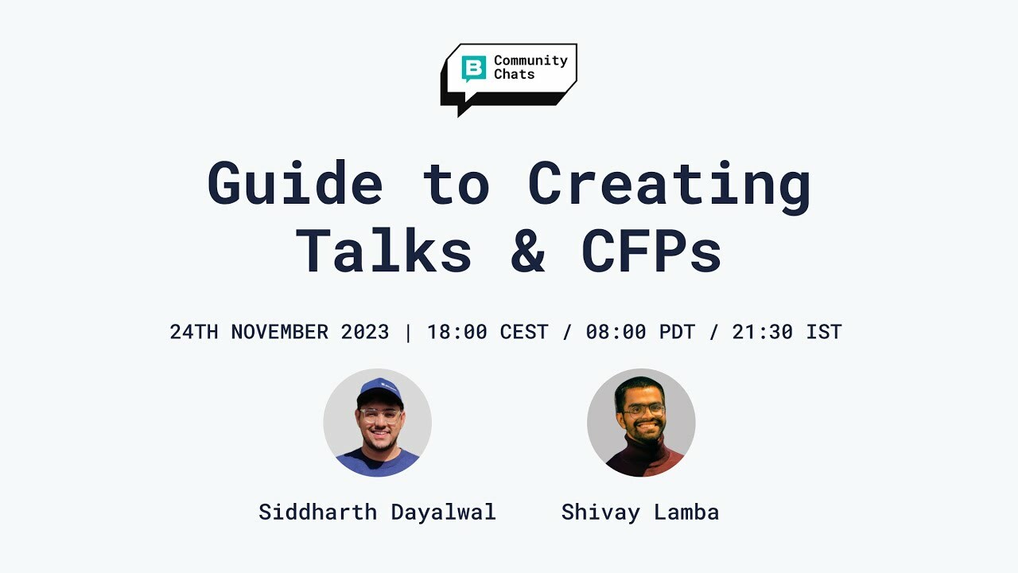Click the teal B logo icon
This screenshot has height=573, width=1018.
(x=473, y=68)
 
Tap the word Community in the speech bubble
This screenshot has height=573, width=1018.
(x=530, y=61)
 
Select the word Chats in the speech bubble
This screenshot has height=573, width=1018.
(x=514, y=74)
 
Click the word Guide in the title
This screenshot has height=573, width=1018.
(x=295, y=183)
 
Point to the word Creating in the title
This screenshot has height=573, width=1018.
(x=669, y=186)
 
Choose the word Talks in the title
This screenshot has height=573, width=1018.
(x=383, y=250)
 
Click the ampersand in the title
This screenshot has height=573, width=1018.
(x=527, y=251)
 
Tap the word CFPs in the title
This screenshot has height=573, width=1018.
(x=651, y=251)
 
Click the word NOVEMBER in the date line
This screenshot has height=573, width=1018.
(x=279, y=332)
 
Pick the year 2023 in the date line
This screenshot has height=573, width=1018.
(x=365, y=332)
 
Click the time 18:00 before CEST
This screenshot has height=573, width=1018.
(x=457, y=332)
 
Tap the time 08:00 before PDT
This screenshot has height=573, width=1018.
(x=616, y=332)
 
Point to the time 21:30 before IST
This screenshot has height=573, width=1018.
(x=763, y=332)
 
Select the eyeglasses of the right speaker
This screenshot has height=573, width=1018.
(x=643, y=411)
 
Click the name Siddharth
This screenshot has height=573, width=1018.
(x=317, y=512)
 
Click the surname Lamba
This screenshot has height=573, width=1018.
(x=686, y=512)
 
